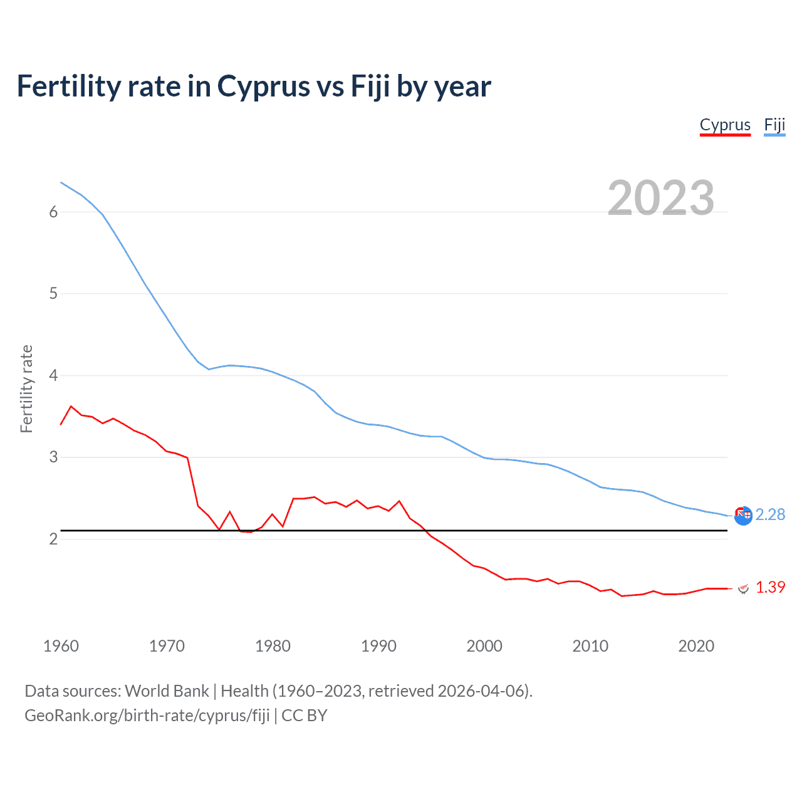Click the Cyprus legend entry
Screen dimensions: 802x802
[725, 125]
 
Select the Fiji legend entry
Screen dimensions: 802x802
[774, 125]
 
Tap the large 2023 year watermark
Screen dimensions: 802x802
[660, 198]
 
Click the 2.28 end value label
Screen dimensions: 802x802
[770, 514]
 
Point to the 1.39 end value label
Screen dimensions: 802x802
[770, 587]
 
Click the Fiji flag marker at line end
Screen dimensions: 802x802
[743, 516]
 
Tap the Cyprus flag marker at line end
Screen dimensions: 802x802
[744, 588]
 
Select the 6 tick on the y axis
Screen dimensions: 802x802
[53, 212]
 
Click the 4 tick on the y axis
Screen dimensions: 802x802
[53, 375]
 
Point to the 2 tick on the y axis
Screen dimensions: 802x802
[53, 539]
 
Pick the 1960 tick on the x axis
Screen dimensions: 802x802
[61, 646]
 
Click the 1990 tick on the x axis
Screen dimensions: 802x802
[378, 646]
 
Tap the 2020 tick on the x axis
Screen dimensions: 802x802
[696, 646]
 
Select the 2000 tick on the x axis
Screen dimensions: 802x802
[484, 646]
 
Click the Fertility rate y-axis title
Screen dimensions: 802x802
[26, 388]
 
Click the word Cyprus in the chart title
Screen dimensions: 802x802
[263, 86]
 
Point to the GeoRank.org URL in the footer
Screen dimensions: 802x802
[147, 716]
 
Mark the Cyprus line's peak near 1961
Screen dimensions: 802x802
[71, 406]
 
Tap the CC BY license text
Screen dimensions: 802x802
[305, 716]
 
